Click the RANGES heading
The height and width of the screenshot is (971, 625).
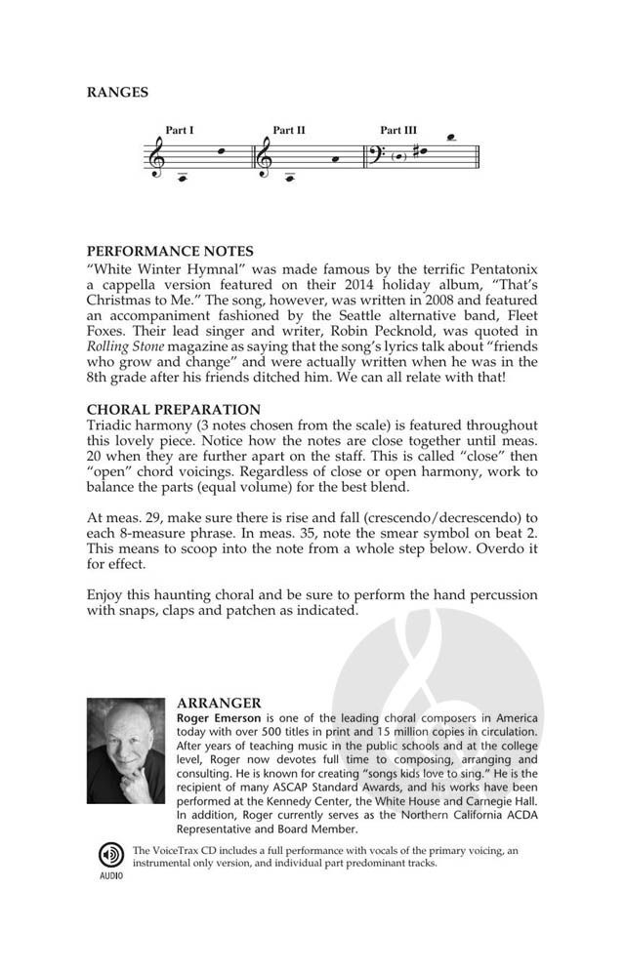(117, 93)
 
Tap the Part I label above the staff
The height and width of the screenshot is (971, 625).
(180, 130)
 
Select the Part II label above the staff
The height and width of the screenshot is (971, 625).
(289, 130)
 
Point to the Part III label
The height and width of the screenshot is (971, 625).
(398, 130)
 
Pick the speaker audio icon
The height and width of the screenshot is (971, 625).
(109, 854)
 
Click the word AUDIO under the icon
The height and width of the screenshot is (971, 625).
(109, 875)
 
